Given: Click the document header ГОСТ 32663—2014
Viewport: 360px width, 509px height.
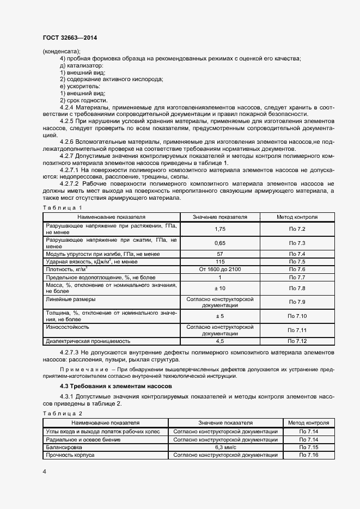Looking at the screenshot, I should [x=70, y=38].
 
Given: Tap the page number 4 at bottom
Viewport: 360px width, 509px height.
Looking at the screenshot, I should [x=44, y=471].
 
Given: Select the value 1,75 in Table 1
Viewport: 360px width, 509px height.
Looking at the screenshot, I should [x=220, y=230].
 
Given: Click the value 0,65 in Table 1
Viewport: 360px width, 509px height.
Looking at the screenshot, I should [x=220, y=243].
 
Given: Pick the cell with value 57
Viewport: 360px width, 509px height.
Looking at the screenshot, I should [x=220, y=254].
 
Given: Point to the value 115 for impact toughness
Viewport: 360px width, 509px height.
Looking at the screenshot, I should [x=220, y=262].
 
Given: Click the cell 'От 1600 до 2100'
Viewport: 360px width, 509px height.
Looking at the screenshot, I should [x=220, y=269].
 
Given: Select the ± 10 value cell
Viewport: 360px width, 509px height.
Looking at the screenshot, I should [x=220, y=288].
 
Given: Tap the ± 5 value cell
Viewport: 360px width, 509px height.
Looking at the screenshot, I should [x=220, y=316].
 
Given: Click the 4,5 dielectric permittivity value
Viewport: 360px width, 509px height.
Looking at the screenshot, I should [x=220, y=341].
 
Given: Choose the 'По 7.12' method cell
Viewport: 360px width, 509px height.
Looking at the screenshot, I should [x=297, y=341].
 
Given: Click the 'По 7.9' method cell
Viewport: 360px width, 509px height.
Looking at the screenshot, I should [x=297, y=302].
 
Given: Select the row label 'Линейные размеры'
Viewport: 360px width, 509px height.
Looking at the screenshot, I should [x=71, y=299].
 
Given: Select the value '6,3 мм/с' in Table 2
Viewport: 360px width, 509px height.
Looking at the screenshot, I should [x=225, y=447].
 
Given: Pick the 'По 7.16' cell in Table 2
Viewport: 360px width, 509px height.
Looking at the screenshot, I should [x=309, y=455].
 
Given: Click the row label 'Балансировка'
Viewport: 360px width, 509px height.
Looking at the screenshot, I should [x=64, y=447].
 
